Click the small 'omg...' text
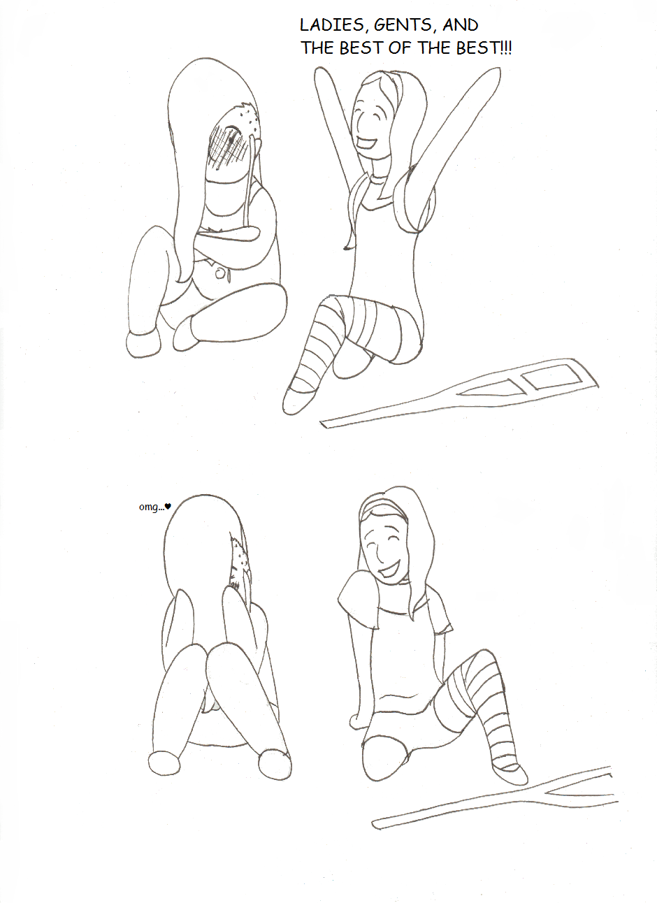(x=152, y=507)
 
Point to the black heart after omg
(x=168, y=506)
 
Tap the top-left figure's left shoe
(x=143, y=345)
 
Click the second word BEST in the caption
(x=477, y=48)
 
